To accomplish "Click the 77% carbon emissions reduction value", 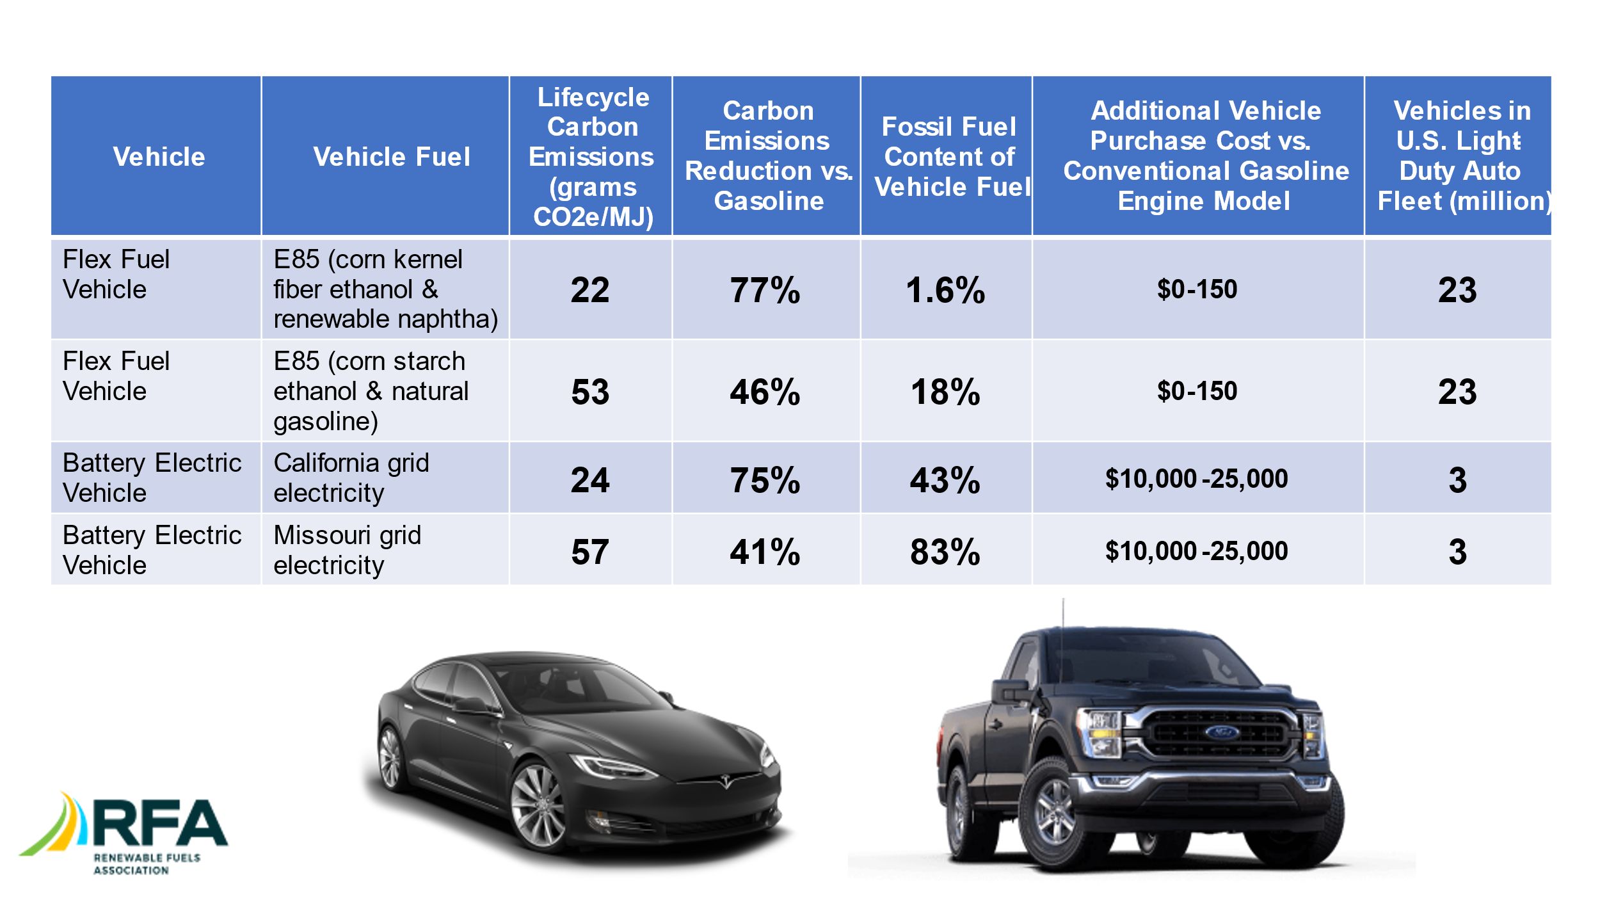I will [x=765, y=290].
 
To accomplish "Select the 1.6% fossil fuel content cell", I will [x=945, y=290].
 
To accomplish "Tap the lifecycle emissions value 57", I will [x=590, y=552].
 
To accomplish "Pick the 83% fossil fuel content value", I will [x=945, y=552].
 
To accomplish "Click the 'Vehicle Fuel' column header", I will [x=392, y=157].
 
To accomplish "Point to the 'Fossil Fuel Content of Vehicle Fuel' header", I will [x=949, y=157].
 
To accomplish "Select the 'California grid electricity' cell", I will [x=351, y=478].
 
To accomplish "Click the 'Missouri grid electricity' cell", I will [x=348, y=550].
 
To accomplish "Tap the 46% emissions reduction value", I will [x=765, y=392].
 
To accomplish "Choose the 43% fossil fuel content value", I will [x=945, y=480].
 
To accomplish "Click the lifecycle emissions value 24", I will [x=590, y=480].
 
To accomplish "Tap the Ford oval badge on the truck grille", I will [x=1221, y=732].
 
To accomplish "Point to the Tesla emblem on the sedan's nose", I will [x=725, y=782].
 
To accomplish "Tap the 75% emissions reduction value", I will [x=765, y=480].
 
